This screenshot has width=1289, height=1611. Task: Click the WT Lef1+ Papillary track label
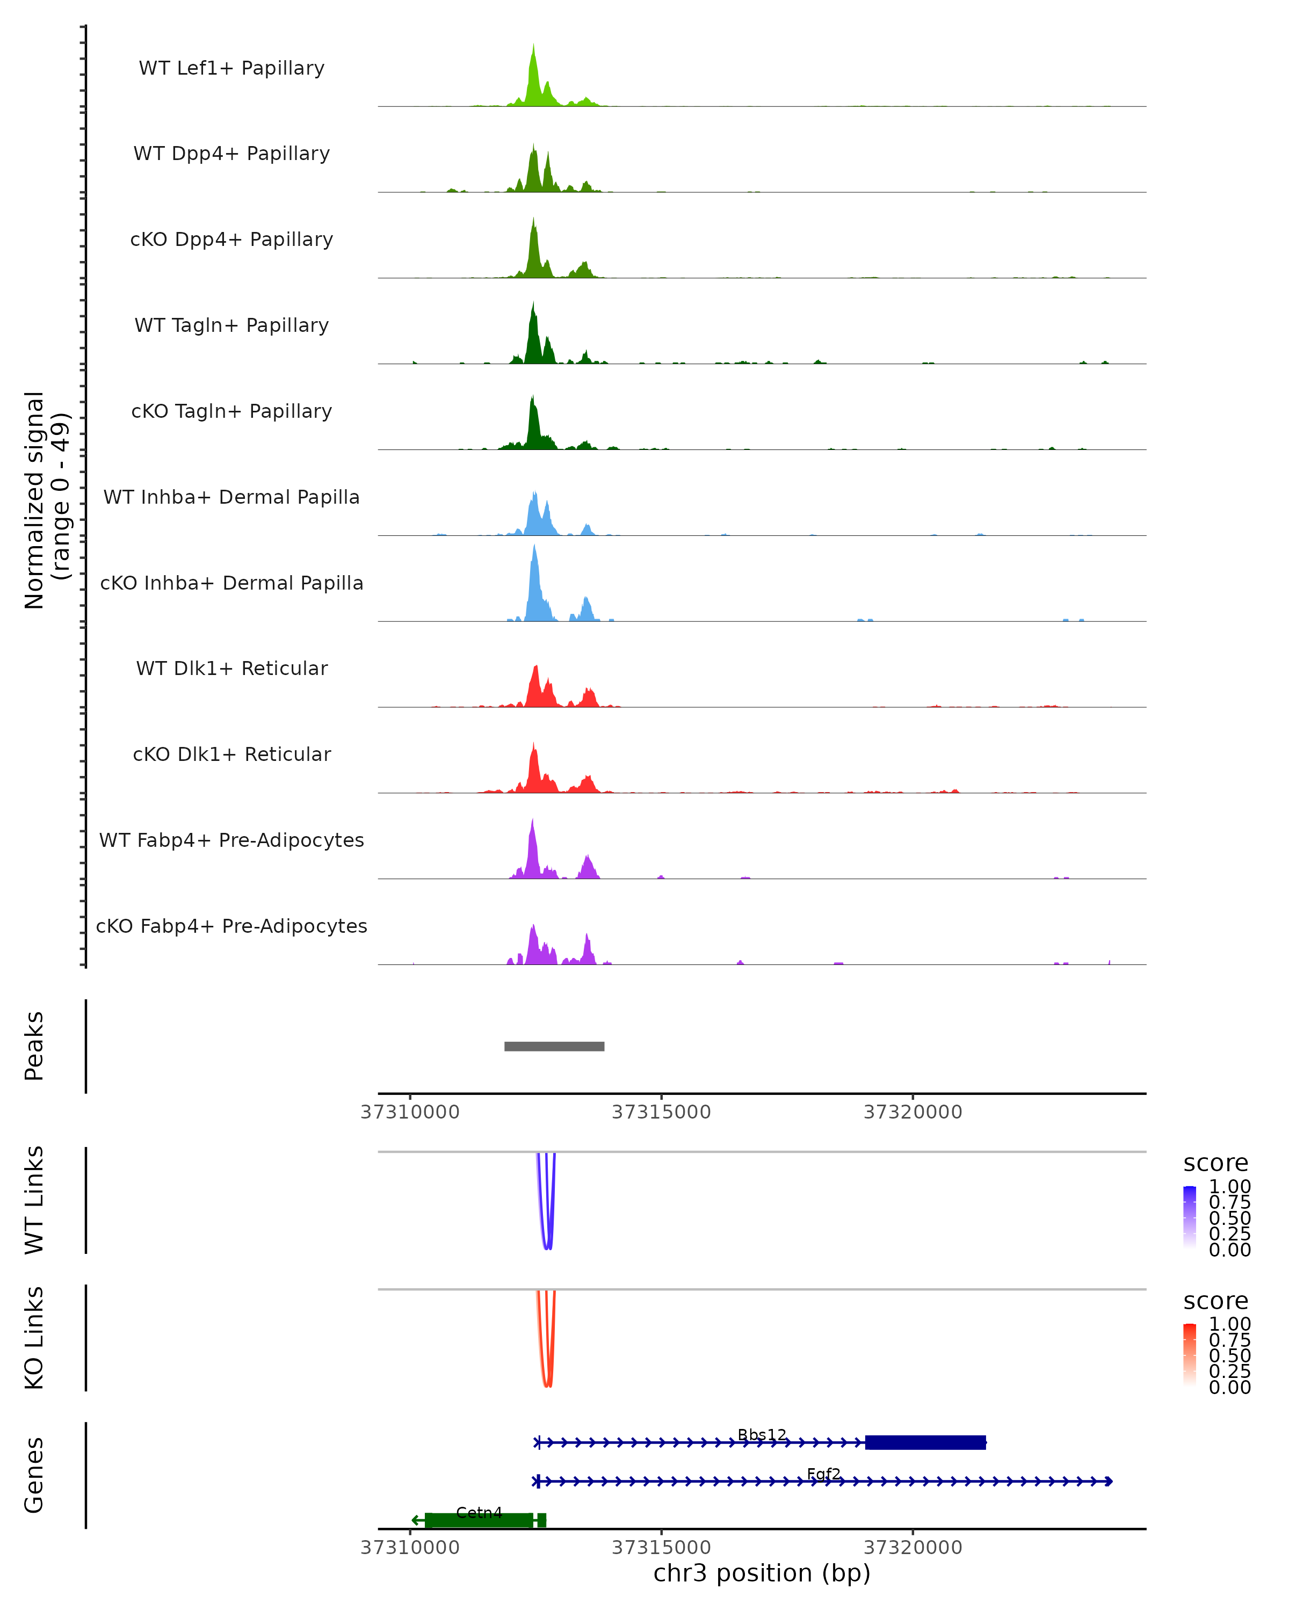pyautogui.click(x=231, y=68)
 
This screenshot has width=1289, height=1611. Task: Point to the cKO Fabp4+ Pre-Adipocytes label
pyautogui.click(x=231, y=926)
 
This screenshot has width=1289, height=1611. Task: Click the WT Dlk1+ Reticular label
pyautogui.click(x=231, y=668)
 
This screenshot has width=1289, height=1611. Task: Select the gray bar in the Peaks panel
pyautogui.click(x=554, y=1046)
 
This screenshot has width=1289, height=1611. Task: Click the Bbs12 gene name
pyautogui.click(x=762, y=1435)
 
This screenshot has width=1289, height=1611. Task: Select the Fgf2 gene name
pyautogui.click(x=823, y=1474)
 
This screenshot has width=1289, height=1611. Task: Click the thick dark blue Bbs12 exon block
pyautogui.click(x=925, y=1442)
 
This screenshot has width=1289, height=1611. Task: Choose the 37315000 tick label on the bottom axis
pyautogui.click(x=661, y=1548)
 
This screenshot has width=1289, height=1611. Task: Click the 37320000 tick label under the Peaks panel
pyautogui.click(x=913, y=1112)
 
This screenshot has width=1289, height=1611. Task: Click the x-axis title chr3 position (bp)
pyautogui.click(x=762, y=1573)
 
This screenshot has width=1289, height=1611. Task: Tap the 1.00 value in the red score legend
pyautogui.click(x=1229, y=1324)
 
